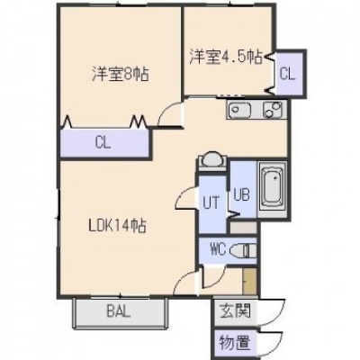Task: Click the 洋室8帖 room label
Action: click(121, 74)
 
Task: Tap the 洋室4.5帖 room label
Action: click(226, 57)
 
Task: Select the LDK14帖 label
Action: click(118, 226)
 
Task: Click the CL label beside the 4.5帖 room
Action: click(288, 74)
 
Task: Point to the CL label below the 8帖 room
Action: click(103, 143)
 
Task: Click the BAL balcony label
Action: click(119, 312)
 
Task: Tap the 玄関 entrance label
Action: click(235, 310)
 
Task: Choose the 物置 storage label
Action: click(235, 342)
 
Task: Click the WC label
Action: click(219, 249)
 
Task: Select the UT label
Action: click(211, 202)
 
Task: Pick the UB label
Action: click(242, 195)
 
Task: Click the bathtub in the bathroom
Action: click(273, 188)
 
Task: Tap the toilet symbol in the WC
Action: click(244, 251)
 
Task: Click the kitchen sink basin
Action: click(239, 110)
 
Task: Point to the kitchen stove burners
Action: click(273, 110)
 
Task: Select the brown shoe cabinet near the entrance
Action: click(249, 281)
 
